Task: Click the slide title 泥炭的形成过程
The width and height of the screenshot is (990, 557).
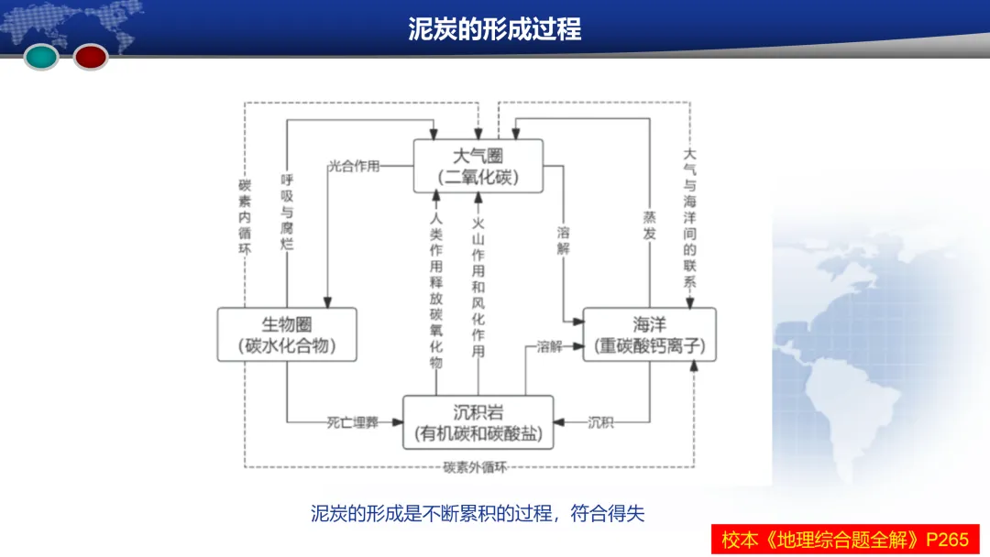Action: [x=495, y=28]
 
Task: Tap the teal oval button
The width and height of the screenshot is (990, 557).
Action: [x=41, y=57]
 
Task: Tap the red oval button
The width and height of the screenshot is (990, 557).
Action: [x=91, y=57]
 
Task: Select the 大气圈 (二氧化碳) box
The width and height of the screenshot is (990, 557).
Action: [x=478, y=165]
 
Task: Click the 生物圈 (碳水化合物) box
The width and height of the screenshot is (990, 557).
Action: [x=287, y=334]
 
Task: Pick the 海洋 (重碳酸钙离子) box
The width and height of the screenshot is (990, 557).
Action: [x=649, y=334]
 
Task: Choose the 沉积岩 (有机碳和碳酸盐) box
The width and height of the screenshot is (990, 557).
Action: [x=478, y=422]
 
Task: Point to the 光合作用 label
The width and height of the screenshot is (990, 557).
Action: [x=354, y=167]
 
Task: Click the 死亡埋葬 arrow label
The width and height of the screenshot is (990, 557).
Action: [x=352, y=422]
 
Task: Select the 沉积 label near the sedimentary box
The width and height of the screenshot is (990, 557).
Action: [x=601, y=422]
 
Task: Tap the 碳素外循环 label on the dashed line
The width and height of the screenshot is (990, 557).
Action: [x=475, y=467]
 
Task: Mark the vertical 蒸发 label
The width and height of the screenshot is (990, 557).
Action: [x=649, y=224]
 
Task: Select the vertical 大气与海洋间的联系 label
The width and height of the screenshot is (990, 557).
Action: [x=689, y=220]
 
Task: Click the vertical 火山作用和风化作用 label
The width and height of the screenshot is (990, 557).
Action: [x=478, y=286]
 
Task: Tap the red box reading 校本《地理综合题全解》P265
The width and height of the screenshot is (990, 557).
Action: [x=844, y=539]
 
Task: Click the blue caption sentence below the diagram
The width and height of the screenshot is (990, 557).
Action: [x=478, y=513]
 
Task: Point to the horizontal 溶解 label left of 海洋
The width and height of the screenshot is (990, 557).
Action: [x=549, y=347]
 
